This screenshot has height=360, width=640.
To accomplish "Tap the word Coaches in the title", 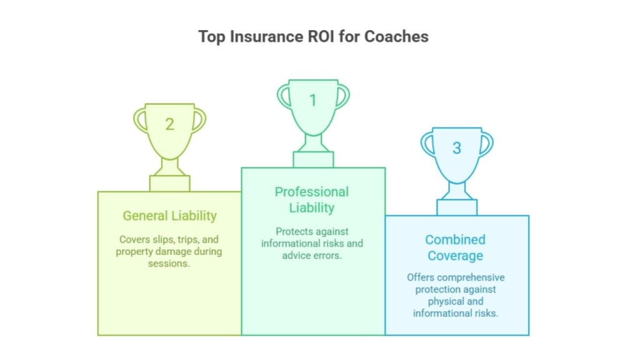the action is click(x=396, y=36).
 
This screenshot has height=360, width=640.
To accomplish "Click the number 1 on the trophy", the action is click(x=313, y=101).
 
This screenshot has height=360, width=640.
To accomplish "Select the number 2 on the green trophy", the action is click(x=170, y=124).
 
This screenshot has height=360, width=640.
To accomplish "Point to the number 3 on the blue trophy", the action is click(x=457, y=148).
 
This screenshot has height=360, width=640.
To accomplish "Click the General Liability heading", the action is click(x=170, y=216).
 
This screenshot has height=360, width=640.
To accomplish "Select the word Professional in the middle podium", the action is click(x=311, y=191).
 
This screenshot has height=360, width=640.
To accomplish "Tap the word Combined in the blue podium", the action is click(x=455, y=239).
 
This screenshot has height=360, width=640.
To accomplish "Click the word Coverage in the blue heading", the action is click(x=455, y=256).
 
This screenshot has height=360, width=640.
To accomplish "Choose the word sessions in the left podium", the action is click(x=169, y=263).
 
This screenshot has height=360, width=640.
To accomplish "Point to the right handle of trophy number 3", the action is click(x=486, y=144).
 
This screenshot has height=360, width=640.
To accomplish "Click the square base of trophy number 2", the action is click(x=169, y=184).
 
